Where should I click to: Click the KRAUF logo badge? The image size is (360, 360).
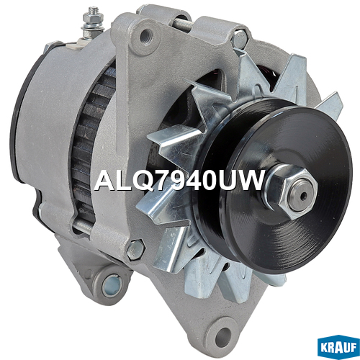pos(338,348)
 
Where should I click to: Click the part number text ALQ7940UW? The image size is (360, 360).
pos(179,181)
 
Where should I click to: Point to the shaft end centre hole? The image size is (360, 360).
pos(303,196)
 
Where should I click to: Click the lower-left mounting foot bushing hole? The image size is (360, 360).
pos(112,286)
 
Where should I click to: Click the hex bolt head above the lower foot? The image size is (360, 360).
pos(135,250)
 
